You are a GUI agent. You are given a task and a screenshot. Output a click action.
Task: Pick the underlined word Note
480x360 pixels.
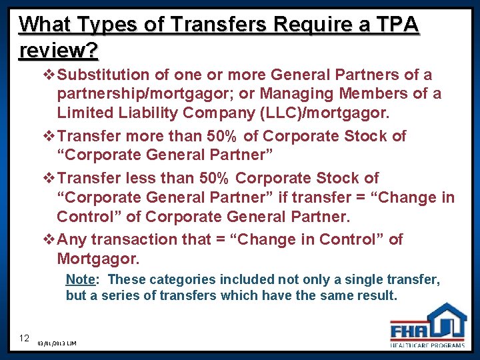(x=79, y=279)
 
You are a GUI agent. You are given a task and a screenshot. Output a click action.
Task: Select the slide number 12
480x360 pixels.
(x=24, y=338)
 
